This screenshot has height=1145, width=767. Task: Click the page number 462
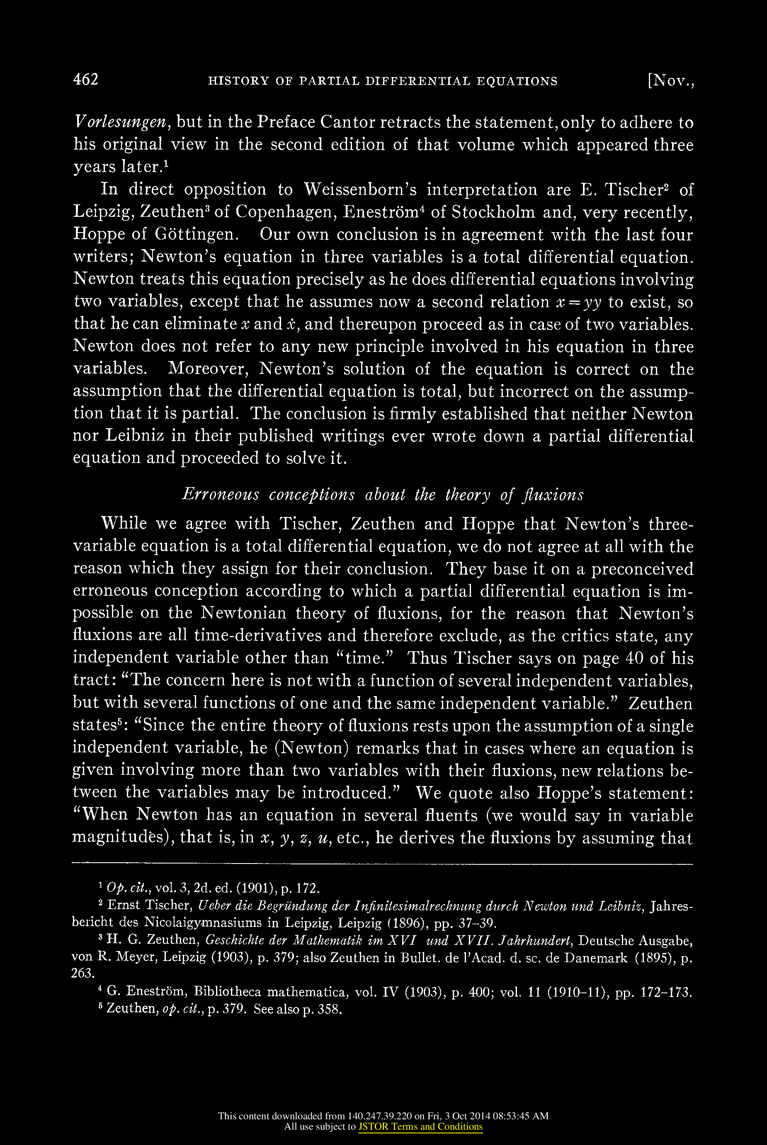[x=85, y=80]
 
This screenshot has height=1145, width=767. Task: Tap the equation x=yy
[x=579, y=302]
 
